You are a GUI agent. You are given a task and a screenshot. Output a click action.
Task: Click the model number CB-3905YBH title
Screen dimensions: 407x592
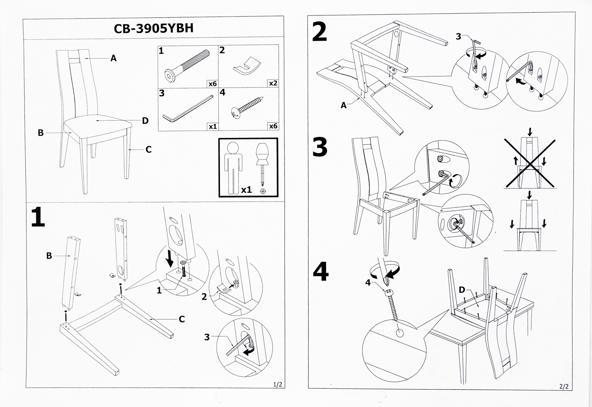[154, 28]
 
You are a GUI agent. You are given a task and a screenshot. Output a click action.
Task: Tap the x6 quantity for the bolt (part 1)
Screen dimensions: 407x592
[212, 84]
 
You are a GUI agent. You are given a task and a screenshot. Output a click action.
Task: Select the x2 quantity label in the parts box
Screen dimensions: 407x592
[273, 83]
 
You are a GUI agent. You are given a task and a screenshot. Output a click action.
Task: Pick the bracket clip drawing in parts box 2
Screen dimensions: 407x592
[247, 65]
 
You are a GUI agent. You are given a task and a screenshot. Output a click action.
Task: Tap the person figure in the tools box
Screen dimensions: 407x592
[233, 168]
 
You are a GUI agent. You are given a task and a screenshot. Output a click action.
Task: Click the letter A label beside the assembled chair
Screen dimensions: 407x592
[114, 58]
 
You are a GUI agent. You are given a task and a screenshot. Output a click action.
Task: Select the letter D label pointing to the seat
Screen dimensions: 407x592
[145, 121]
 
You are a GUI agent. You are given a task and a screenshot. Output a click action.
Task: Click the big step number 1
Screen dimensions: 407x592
[38, 217]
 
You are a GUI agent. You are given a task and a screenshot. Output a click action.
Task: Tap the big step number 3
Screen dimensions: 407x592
[320, 147]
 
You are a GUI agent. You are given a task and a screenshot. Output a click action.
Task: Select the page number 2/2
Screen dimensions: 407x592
[564, 386]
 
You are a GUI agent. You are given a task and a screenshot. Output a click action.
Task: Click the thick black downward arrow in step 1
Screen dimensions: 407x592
[170, 258]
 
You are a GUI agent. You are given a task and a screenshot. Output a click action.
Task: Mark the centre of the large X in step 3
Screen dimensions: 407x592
[530, 163]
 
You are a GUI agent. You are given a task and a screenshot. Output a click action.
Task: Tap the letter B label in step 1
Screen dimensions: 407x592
[49, 256]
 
